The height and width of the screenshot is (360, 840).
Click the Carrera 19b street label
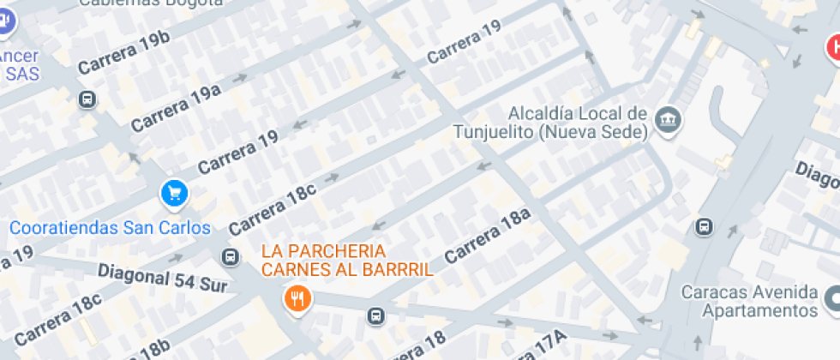click(123, 54)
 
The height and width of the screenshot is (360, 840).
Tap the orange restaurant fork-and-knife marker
click(297, 299)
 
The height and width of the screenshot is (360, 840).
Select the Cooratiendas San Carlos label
click(110, 228)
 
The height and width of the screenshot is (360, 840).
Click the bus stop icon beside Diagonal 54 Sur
click(230, 256)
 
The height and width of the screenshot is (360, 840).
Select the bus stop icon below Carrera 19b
click(87, 99)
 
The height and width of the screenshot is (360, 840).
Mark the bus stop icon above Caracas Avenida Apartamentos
click(704, 227)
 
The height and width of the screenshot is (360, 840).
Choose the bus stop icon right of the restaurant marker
click(375, 316)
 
